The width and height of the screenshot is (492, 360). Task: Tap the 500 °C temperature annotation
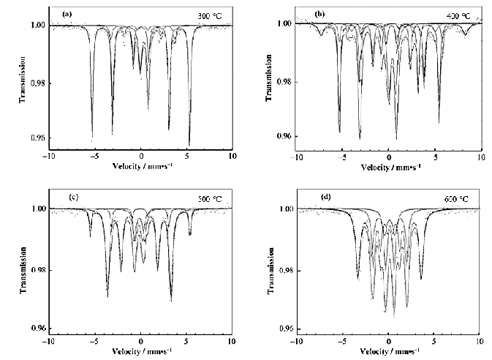coord(210,198)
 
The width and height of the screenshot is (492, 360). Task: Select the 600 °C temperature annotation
coord(459,199)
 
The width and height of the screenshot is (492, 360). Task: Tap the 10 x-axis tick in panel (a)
coord(232,157)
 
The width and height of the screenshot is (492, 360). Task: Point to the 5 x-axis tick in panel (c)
coord(186,341)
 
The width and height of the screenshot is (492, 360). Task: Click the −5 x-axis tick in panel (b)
coord(342,157)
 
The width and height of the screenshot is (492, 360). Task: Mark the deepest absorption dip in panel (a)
coord(189,143)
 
